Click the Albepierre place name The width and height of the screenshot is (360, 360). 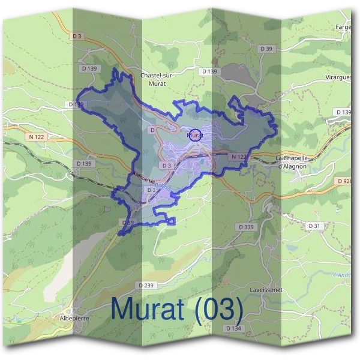(x=74, y=318)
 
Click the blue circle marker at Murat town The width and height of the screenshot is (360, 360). (x=195, y=134)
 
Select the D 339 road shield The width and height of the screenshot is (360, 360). (x=246, y=227)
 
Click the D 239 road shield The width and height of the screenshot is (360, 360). (x=145, y=285)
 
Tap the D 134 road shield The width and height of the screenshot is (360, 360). (x=233, y=328)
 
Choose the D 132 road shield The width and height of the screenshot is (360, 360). (x=76, y=104)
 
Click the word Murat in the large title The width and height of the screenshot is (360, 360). (x=154, y=310)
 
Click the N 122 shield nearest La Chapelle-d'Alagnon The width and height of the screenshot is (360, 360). (x=238, y=157)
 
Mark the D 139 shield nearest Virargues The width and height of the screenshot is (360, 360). (x=344, y=112)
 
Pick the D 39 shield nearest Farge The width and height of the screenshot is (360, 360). (x=266, y=48)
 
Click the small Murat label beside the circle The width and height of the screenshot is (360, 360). (x=196, y=136)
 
